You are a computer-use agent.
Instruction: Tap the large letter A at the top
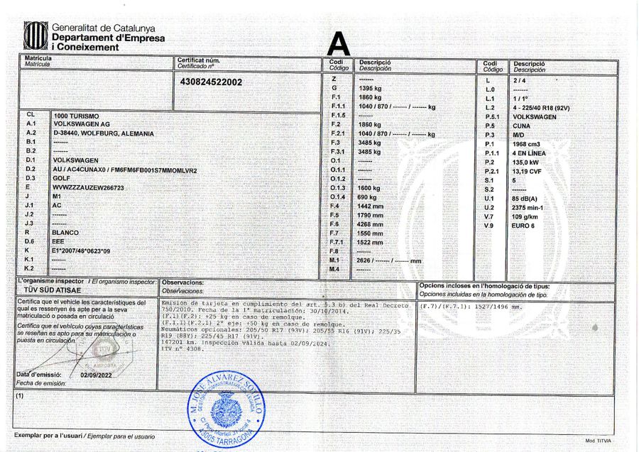tap(339, 45)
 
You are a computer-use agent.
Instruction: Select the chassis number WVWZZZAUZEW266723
tap(88, 187)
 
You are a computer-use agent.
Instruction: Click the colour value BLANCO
tap(65, 232)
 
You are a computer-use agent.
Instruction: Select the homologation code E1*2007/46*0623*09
tap(87, 250)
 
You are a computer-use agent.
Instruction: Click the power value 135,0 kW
tap(527, 162)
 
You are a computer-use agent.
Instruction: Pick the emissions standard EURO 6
tap(525, 225)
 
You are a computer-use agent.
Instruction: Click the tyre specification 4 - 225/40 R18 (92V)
tap(542, 107)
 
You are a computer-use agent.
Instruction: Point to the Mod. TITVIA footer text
tap(598, 441)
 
